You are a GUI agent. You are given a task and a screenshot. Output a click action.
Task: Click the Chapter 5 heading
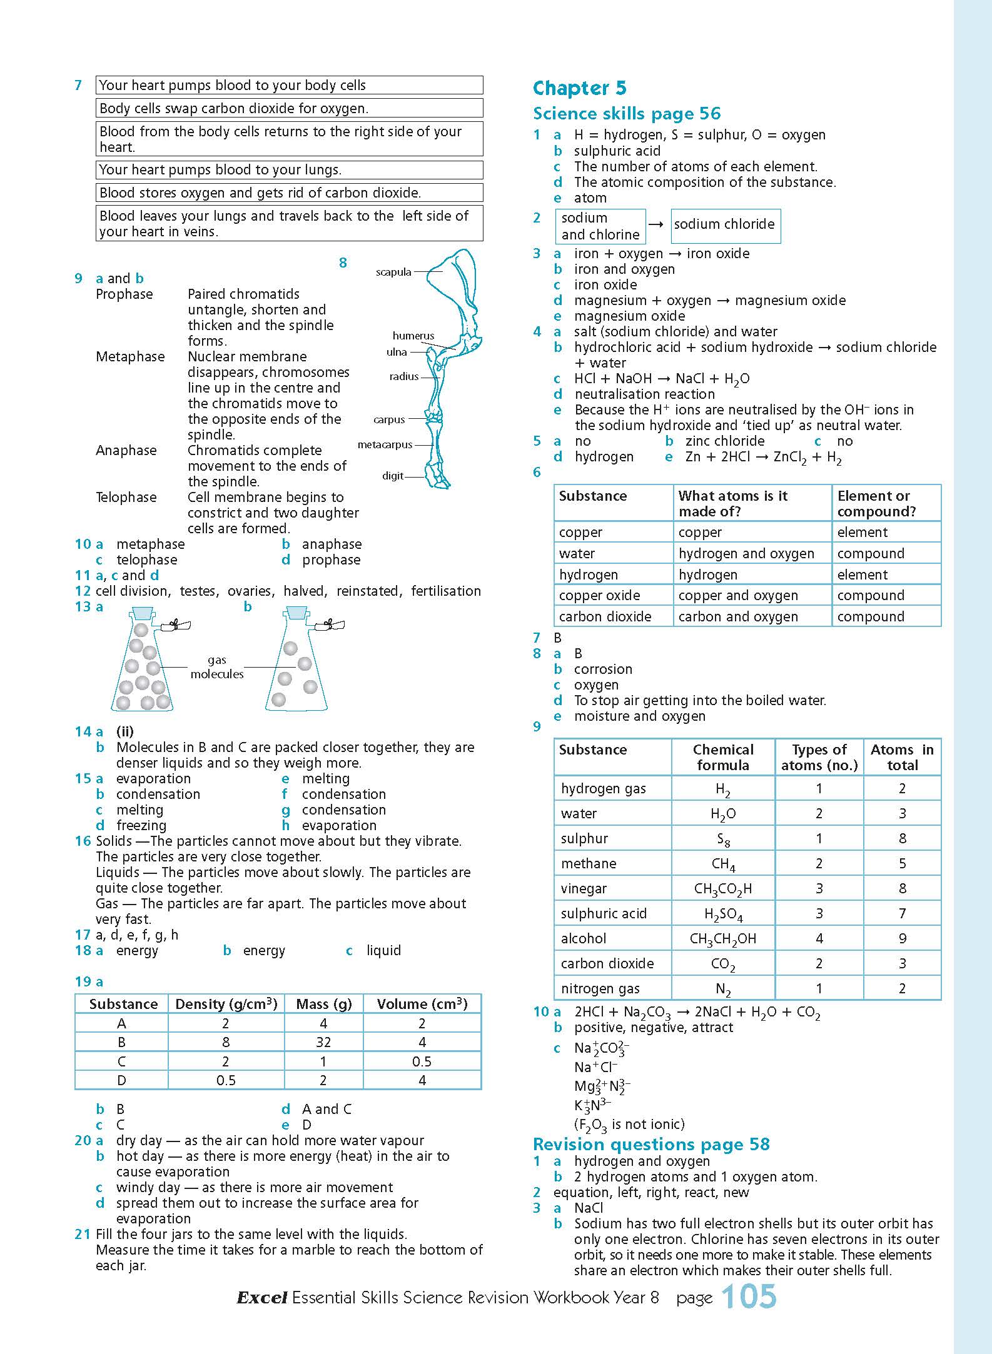pos(579,88)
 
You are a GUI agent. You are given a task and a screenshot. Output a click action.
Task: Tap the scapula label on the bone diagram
pos(393,272)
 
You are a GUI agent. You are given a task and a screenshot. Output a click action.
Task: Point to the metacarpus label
pos(385,444)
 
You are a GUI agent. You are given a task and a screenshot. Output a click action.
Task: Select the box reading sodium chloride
pos(725,225)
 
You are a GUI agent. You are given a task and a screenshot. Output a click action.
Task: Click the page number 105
pos(749,1298)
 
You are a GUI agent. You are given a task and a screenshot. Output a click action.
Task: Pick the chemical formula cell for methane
pos(723,864)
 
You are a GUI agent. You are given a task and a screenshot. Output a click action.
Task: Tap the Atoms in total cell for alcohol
pos(902,938)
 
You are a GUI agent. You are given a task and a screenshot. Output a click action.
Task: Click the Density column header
pos(226,1004)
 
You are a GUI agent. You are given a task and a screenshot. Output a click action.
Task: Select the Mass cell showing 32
pos(323,1042)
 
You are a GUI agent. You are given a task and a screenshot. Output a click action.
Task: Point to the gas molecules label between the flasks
pos(216,667)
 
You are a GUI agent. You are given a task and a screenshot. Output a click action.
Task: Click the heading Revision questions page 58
pos(651,1144)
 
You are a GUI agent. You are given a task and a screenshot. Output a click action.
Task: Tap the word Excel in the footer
pos(261,1298)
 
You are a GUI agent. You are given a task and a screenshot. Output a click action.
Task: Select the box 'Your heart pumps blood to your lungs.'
pos(290,170)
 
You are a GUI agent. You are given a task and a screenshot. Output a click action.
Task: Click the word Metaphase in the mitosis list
pos(130,356)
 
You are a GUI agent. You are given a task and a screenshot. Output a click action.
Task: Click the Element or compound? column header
pos(876,503)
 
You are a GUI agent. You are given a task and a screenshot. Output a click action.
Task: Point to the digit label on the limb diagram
pos(392,476)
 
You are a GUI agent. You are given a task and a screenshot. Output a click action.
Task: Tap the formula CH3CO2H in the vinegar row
pos(723,889)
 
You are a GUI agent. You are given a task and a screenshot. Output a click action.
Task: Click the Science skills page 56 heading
pos(626,114)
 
